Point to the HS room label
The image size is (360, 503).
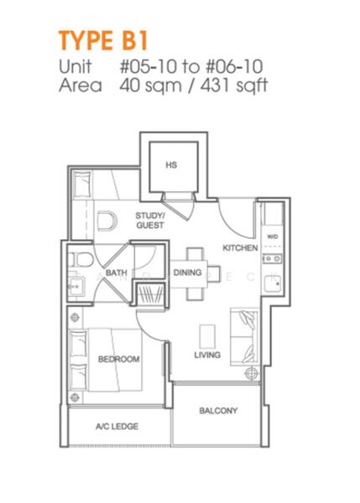171,165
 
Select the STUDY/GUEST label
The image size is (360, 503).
150,220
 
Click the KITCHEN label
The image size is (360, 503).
239,248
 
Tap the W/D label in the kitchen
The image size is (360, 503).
273,237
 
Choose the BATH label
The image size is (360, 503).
117,272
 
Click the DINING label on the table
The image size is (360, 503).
188,272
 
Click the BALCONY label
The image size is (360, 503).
218,411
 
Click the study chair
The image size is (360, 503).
104,221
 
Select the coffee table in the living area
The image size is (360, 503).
206,335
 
